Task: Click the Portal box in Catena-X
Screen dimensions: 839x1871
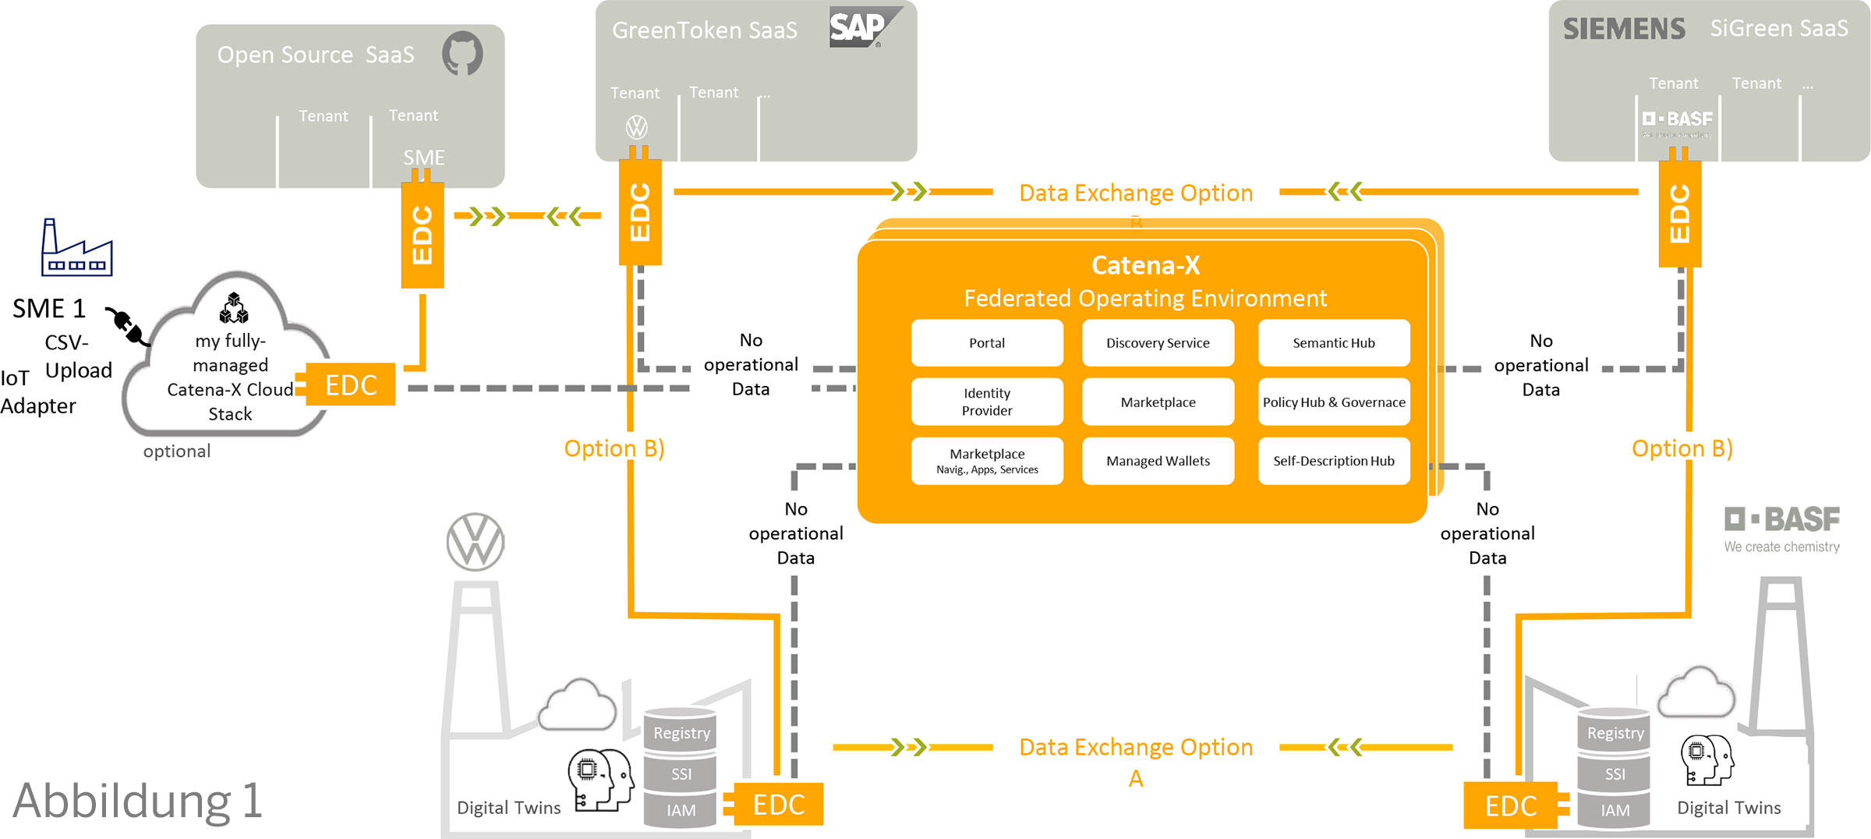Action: [x=986, y=343]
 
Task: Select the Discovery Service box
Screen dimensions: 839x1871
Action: [x=1158, y=343]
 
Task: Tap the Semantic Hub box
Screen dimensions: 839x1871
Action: [x=1333, y=343]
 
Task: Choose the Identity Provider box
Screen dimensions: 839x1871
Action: [x=986, y=402]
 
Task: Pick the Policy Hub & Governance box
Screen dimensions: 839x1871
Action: [x=1333, y=402]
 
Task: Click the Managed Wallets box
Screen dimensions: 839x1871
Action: [x=1158, y=461]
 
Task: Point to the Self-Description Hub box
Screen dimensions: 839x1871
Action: [x=1333, y=461]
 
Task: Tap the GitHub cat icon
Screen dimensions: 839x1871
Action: [x=462, y=53]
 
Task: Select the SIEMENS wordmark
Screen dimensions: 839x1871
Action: [x=1624, y=30]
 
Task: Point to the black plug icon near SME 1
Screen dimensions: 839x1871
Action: [x=127, y=326]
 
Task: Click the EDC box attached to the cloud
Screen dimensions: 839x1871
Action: [x=351, y=384]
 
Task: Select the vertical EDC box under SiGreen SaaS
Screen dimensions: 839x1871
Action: [x=1679, y=214]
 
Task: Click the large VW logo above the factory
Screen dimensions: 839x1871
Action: [x=476, y=542]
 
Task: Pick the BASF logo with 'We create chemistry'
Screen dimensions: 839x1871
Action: [x=1781, y=529]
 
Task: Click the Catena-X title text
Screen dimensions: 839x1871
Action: [x=1145, y=265]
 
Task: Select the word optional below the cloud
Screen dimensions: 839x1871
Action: [x=177, y=451]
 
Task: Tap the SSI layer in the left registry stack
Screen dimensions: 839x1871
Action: [x=681, y=774]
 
